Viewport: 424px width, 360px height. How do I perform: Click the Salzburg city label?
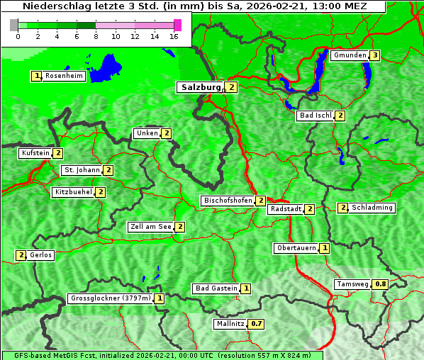198,87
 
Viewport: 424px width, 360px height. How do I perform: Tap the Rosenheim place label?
64,76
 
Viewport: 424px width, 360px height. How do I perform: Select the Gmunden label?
350,55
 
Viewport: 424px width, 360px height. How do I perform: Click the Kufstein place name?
35,153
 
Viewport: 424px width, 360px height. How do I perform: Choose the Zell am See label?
150,227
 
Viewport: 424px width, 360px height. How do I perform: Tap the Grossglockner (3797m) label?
111,298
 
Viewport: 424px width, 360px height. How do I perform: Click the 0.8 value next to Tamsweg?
381,284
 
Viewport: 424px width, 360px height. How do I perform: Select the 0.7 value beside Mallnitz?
257,324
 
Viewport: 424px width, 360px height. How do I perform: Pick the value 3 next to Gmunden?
375,55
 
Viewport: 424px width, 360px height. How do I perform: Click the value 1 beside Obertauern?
324,248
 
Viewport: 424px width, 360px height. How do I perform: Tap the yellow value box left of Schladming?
342,208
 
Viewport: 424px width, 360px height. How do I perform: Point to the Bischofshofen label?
228,201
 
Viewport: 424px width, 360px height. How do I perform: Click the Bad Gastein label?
216,288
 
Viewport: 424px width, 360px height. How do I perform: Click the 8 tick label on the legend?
96,36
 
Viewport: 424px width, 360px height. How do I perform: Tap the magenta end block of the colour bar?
177,25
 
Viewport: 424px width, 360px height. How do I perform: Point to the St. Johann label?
81,170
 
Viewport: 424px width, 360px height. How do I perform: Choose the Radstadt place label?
285,209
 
